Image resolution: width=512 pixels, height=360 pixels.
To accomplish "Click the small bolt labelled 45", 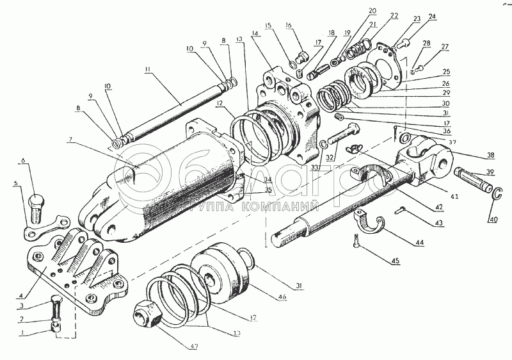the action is [x=355, y=243].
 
